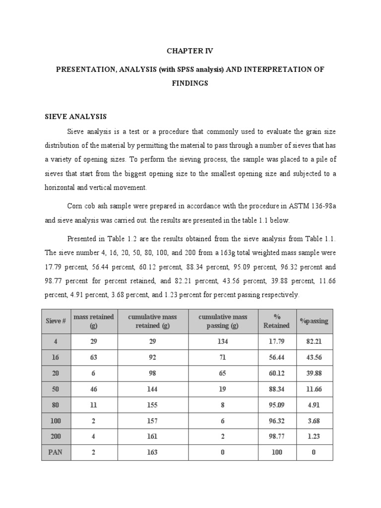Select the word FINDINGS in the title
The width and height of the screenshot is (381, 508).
[x=190, y=83]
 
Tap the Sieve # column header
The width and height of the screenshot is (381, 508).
[x=56, y=321]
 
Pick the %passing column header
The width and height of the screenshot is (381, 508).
[x=314, y=321]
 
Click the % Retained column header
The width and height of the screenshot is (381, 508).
[x=276, y=321]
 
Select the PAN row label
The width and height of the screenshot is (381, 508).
[x=56, y=452]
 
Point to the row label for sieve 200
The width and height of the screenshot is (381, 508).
[x=56, y=436]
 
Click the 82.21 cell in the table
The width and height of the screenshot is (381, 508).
[x=314, y=342]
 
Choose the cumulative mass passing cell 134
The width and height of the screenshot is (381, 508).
[x=223, y=342]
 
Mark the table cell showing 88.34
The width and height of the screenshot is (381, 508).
[x=276, y=389]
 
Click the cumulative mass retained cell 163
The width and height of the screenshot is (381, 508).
[x=152, y=452]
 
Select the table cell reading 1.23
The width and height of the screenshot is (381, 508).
[x=314, y=436]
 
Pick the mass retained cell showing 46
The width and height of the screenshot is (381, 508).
[x=93, y=389]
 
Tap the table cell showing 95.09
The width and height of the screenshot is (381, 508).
[x=276, y=405]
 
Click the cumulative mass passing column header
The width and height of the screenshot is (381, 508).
[x=223, y=321]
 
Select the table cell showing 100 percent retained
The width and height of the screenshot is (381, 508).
[x=276, y=452]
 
